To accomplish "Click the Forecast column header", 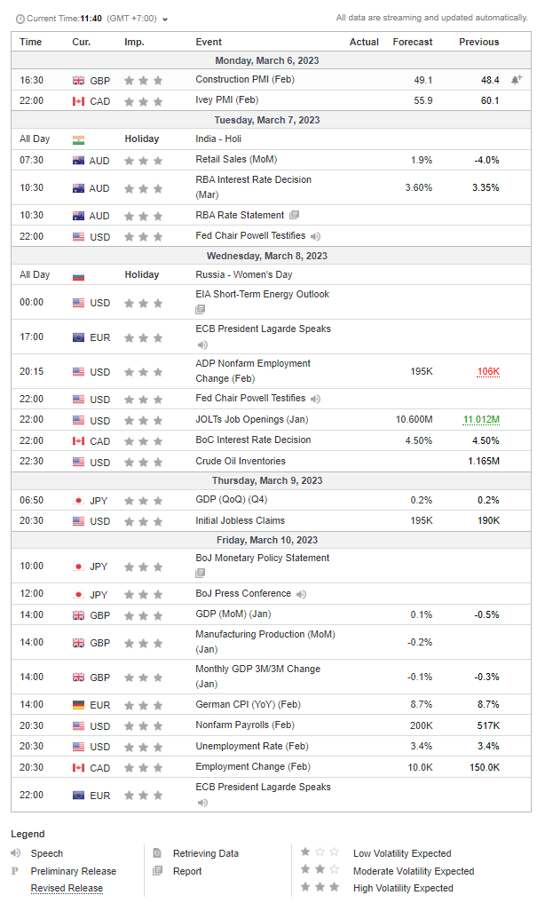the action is click(412, 42).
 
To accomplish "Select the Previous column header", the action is click(479, 42).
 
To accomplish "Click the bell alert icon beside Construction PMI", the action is click(516, 80).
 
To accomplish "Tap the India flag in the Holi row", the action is click(78, 139).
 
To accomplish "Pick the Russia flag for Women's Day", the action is click(78, 275).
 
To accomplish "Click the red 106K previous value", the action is click(488, 371).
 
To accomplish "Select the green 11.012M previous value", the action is click(481, 419).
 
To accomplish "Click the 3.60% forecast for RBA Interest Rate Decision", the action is click(419, 187).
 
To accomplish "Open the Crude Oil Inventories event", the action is click(241, 462).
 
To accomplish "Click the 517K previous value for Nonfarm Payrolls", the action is click(488, 725).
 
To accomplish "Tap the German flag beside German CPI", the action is click(78, 705).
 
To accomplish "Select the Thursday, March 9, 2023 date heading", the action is click(267, 480).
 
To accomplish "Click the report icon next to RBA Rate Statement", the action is click(295, 215).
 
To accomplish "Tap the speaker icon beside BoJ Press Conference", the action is click(301, 594).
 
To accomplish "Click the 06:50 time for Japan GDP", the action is click(31, 500).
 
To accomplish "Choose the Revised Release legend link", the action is click(67, 888).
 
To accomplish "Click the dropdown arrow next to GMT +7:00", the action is click(165, 20).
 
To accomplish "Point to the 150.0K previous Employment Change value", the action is click(485, 767).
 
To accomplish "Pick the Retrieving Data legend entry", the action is click(206, 853).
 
